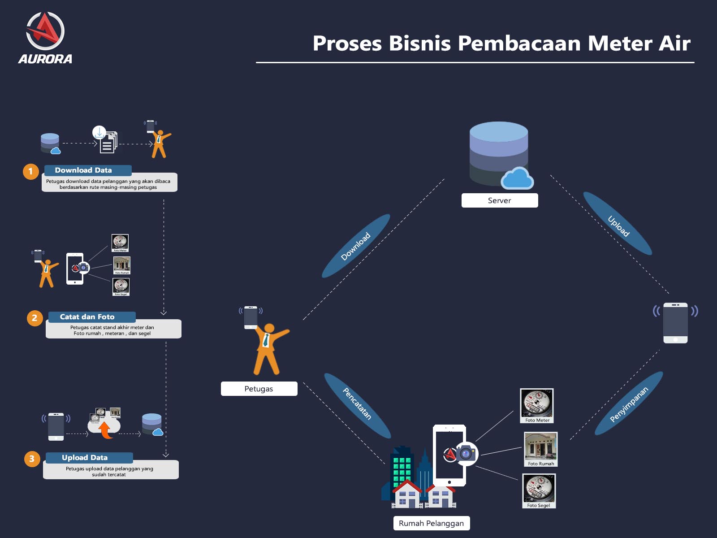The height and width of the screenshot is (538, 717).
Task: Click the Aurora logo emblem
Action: tap(45, 31)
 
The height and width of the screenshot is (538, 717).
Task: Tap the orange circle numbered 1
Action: tap(31, 171)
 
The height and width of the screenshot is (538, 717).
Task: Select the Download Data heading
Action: tap(84, 170)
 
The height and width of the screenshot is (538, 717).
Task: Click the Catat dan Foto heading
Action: tap(88, 317)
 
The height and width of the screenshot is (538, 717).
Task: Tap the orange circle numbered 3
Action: tap(32, 459)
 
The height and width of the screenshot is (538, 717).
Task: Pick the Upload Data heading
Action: tap(85, 458)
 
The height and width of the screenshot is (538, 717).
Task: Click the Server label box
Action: tap(499, 200)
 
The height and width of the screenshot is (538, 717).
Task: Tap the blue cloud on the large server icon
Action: tap(517, 178)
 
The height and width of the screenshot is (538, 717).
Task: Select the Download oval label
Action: tap(356, 246)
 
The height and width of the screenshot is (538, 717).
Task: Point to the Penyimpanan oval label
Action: tap(629, 404)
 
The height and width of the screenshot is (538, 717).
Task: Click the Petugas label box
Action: tap(259, 389)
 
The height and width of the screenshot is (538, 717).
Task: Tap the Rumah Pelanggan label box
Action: tap(431, 523)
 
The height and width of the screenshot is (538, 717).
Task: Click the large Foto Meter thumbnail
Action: tap(537, 405)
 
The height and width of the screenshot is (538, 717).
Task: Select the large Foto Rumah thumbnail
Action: tap(541, 449)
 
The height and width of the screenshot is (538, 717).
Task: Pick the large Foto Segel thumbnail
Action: tap(539, 490)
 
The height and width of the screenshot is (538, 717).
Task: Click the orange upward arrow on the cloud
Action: tap(105, 430)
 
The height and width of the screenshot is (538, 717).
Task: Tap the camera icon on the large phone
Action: tap(466, 454)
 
